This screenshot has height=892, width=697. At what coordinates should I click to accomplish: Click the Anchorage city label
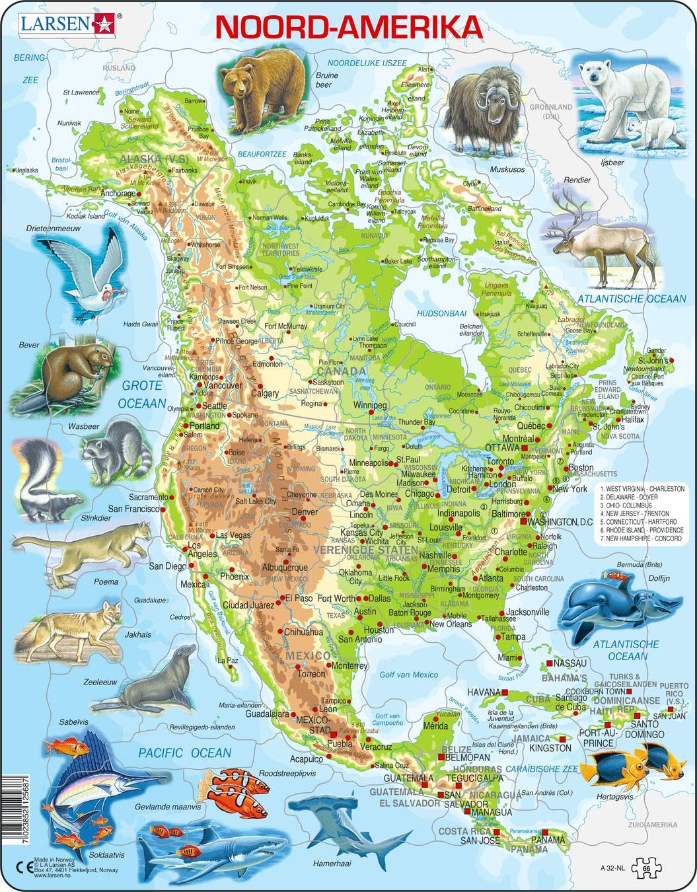[x=116, y=194]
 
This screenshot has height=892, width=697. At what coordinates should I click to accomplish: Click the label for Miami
[x=509, y=657]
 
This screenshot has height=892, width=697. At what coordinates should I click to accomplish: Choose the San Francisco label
[x=133, y=509]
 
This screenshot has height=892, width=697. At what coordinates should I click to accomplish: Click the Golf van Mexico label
[x=409, y=674]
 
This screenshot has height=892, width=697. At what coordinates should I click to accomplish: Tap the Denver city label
[x=305, y=512]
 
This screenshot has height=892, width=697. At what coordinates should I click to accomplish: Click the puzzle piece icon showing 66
[x=646, y=867]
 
